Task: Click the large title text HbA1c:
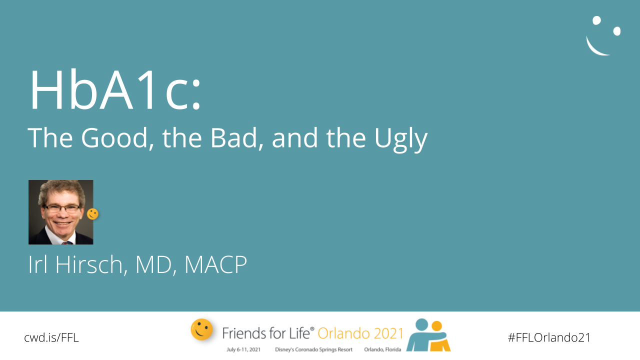click(x=115, y=89)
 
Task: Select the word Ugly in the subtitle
click(x=401, y=140)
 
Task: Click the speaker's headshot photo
click(x=61, y=212)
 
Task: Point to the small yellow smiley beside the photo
click(x=92, y=214)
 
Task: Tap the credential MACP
click(x=215, y=264)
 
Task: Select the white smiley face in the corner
click(x=603, y=35)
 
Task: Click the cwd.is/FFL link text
click(x=51, y=337)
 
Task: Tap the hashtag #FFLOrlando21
click(x=549, y=337)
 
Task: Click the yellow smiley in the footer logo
click(x=201, y=329)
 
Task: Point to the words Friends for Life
click(x=266, y=333)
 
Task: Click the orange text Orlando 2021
click(x=360, y=333)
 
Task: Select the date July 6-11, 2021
click(x=243, y=349)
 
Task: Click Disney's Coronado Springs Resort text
click(x=313, y=349)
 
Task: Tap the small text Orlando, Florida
click(x=382, y=349)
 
